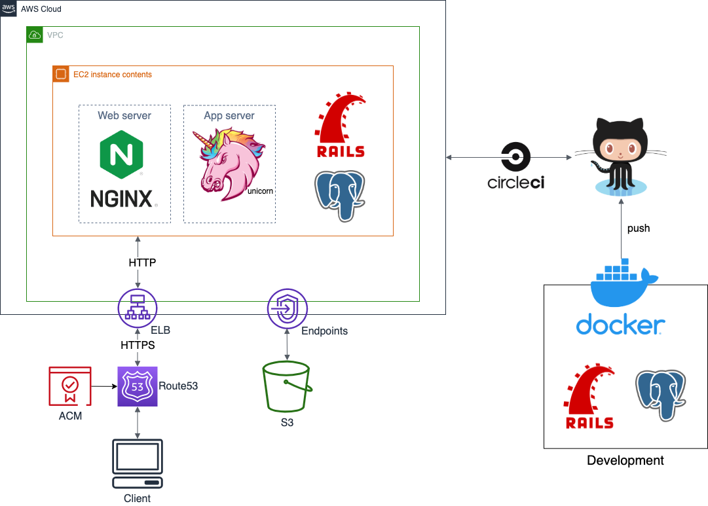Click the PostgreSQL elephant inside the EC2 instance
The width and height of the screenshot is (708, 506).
[x=339, y=194]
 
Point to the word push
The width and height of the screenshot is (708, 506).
[x=639, y=228]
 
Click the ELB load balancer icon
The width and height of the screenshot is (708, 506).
[x=137, y=308]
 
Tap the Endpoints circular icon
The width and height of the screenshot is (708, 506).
[x=287, y=308]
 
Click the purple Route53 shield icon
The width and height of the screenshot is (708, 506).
[x=138, y=386]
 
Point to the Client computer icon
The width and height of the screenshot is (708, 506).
[x=137, y=464]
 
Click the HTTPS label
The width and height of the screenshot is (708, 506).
[x=138, y=345]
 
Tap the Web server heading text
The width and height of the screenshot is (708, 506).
[x=124, y=116]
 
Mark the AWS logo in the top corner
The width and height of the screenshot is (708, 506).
[x=9, y=9]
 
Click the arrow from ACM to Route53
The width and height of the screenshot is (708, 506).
[x=102, y=386]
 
